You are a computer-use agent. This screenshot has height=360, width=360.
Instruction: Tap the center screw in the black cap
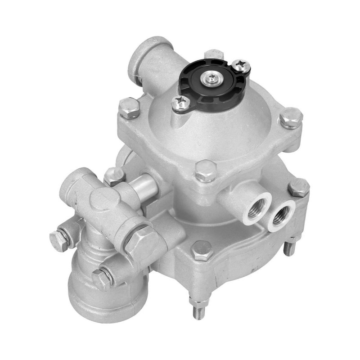pos(211,79)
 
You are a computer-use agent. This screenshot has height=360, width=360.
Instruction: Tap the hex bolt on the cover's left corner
pos(129,108)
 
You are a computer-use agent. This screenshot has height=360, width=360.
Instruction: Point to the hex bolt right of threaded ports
pos(298,187)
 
